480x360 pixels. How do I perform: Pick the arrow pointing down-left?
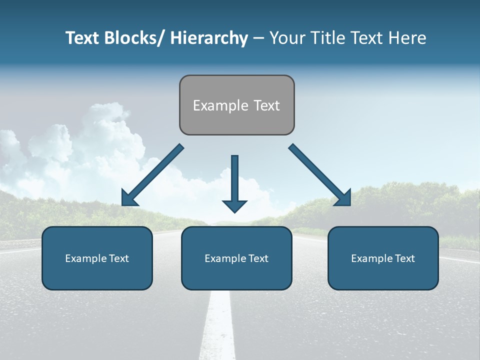[152, 175]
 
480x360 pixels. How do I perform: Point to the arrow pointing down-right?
[320, 175]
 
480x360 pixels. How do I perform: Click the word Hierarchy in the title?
[209, 38]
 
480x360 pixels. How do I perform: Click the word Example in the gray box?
[220, 105]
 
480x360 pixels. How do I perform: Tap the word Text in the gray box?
[266, 105]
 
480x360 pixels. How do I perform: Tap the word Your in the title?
[286, 38]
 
